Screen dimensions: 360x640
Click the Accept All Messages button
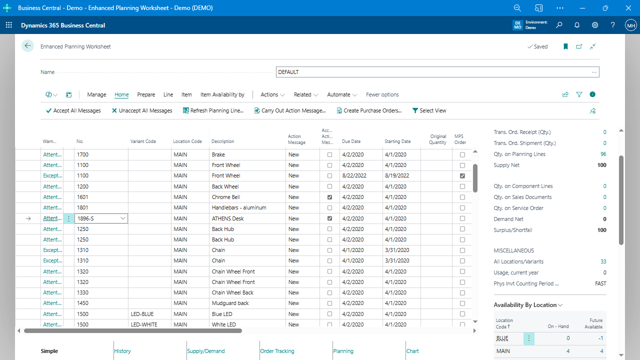[x=73, y=110]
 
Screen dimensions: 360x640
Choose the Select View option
[x=429, y=110]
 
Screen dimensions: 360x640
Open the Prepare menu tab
[x=146, y=94]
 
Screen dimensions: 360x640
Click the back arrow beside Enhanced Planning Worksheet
[x=27, y=46]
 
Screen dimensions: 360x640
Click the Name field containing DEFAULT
[x=433, y=72]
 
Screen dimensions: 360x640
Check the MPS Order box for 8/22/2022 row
[x=462, y=176]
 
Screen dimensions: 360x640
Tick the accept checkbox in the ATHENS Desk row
[x=329, y=218]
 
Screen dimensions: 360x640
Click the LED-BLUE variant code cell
[x=142, y=314]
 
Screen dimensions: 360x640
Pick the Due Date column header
[x=351, y=141]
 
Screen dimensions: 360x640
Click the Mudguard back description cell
[x=230, y=303]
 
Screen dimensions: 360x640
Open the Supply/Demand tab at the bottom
[x=206, y=351]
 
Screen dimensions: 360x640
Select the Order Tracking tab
[x=277, y=351]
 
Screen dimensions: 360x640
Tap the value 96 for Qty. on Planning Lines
[x=603, y=154]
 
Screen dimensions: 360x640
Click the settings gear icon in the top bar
[x=595, y=25]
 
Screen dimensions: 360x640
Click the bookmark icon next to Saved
[x=565, y=46]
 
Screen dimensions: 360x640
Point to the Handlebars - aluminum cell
[x=239, y=207]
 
